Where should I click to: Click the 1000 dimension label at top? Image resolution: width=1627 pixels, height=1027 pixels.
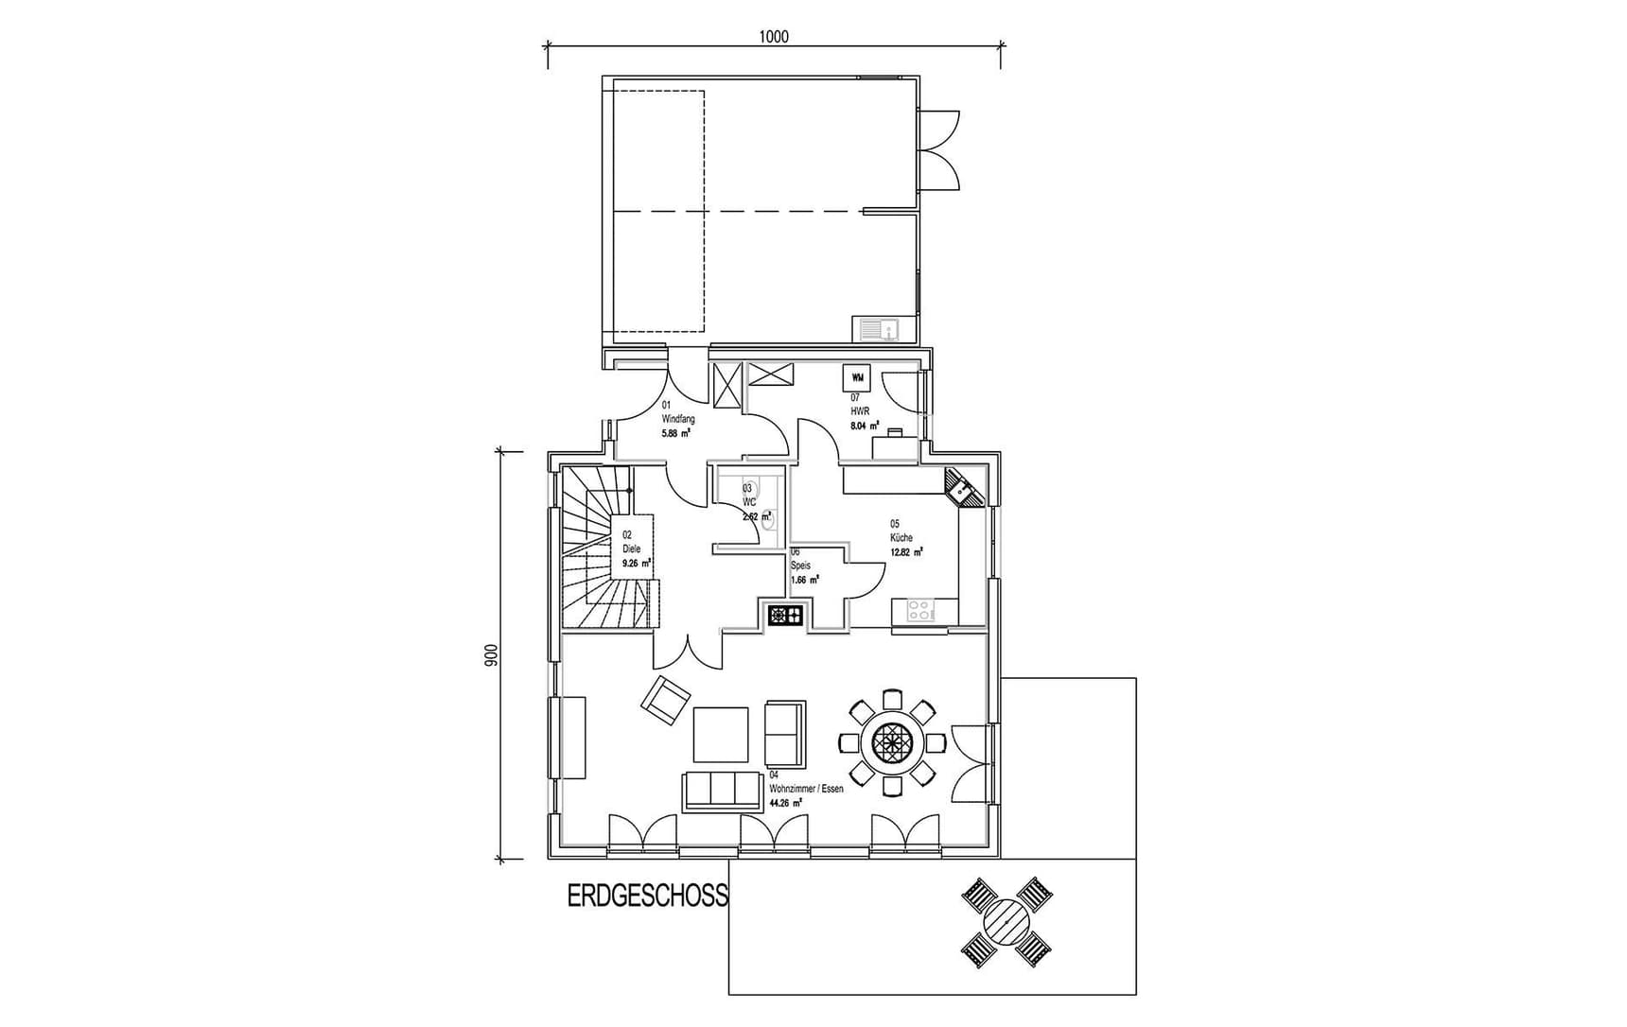[773, 37]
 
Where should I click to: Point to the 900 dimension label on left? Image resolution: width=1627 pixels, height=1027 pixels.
[490, 656]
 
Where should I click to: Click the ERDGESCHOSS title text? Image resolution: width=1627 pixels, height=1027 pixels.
[648, 896]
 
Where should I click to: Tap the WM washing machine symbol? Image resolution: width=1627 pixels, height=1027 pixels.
[856, 377]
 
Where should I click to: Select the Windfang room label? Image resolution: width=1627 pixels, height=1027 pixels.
[677, 419]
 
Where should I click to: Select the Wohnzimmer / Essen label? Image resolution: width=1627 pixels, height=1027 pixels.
[805, 789]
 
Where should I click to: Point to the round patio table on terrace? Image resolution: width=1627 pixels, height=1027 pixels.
[1006, 921]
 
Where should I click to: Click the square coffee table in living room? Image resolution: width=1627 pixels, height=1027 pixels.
[721, 735]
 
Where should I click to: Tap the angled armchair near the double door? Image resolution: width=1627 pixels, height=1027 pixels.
[665, 701]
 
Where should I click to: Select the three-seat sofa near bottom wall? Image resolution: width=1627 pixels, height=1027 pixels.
[722, 790]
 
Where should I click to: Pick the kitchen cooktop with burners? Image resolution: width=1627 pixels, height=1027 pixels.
[920, 610]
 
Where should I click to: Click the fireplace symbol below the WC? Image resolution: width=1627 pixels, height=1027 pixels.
[785, 617]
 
